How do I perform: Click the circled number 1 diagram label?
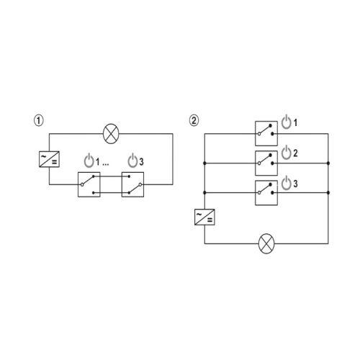(x=39, y=120)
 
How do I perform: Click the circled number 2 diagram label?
(x=194, y=120)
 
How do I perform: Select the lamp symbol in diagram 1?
(x=111, y=134)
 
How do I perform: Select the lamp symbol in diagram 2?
(x=266, y=243)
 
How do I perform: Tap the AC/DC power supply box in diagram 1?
(x=49, y=159)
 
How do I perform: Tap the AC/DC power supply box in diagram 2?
(x=204, y=217)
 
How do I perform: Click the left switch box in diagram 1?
(x=89, y=184)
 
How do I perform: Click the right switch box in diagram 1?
(x=132, y=184)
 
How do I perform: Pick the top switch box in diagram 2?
(x=266, y=133)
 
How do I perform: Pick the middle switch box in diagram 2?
(x=266, y=163)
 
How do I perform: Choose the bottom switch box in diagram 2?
(x=266, y=193)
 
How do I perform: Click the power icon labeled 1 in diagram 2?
(x=286, y=122)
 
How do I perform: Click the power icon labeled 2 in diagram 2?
(x=286, y=153)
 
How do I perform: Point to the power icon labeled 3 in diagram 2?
(x=286, y=183)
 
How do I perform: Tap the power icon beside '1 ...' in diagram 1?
(x=89, y=160)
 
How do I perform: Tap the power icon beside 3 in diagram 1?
(x=132, y=160)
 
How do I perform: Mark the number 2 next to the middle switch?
(x=295, y=153)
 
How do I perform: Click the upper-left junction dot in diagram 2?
(x=204, y=163)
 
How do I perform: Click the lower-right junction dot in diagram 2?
(x=328, y=193)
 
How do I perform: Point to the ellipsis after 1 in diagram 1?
(x=106, y=165)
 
